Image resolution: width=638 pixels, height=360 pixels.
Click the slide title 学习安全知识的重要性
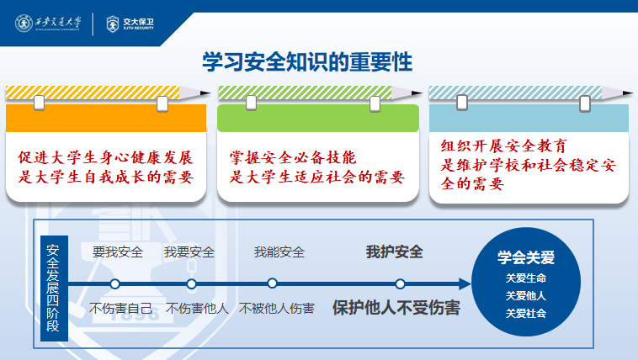(307, 62)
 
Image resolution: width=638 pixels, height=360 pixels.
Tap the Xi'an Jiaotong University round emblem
(24, 24)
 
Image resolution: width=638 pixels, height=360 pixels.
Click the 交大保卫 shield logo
(112, 24)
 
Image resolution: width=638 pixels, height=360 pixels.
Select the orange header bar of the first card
(106, 118)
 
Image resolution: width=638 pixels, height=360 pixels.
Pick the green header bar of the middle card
(318, 118)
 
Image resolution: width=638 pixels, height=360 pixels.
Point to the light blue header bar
(529, 118)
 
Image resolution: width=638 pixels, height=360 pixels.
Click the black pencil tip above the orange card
(205, 93)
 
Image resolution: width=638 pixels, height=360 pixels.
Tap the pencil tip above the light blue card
(628, 93)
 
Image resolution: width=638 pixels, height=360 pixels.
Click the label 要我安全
(118, 252)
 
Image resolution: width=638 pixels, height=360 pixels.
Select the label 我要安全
(189, 252)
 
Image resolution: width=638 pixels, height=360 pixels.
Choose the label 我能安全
(279, 252)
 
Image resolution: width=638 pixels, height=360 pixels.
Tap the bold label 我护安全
(394, 251)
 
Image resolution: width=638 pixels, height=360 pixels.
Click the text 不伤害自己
(121, 309)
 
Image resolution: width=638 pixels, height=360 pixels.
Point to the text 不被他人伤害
(277, 309)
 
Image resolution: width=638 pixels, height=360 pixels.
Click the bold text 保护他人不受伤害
(396, 308)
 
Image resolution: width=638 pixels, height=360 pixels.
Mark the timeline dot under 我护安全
(400, 283)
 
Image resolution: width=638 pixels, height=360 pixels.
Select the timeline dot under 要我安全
(114, 283)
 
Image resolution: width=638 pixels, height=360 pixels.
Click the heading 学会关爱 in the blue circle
(526, 257)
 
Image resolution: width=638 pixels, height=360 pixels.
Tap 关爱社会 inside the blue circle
(526, 314)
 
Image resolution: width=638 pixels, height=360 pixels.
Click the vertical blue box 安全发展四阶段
(54, 288)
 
